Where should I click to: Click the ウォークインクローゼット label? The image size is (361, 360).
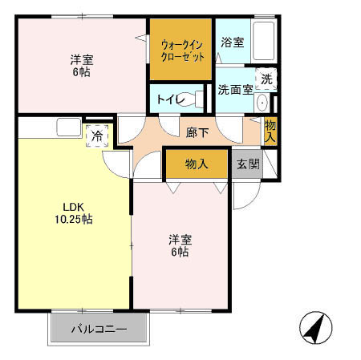coord(182,50)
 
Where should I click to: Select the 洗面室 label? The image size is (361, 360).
coord(235,90)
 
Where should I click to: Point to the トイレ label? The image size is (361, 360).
coord(166,99)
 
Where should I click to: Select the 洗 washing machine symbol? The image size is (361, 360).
coord(267,79)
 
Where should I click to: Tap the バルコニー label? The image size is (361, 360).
coord(99,328)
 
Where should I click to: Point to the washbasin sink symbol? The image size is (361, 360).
coord(262,103)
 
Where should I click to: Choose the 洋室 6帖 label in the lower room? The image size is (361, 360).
coord(179,245)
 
